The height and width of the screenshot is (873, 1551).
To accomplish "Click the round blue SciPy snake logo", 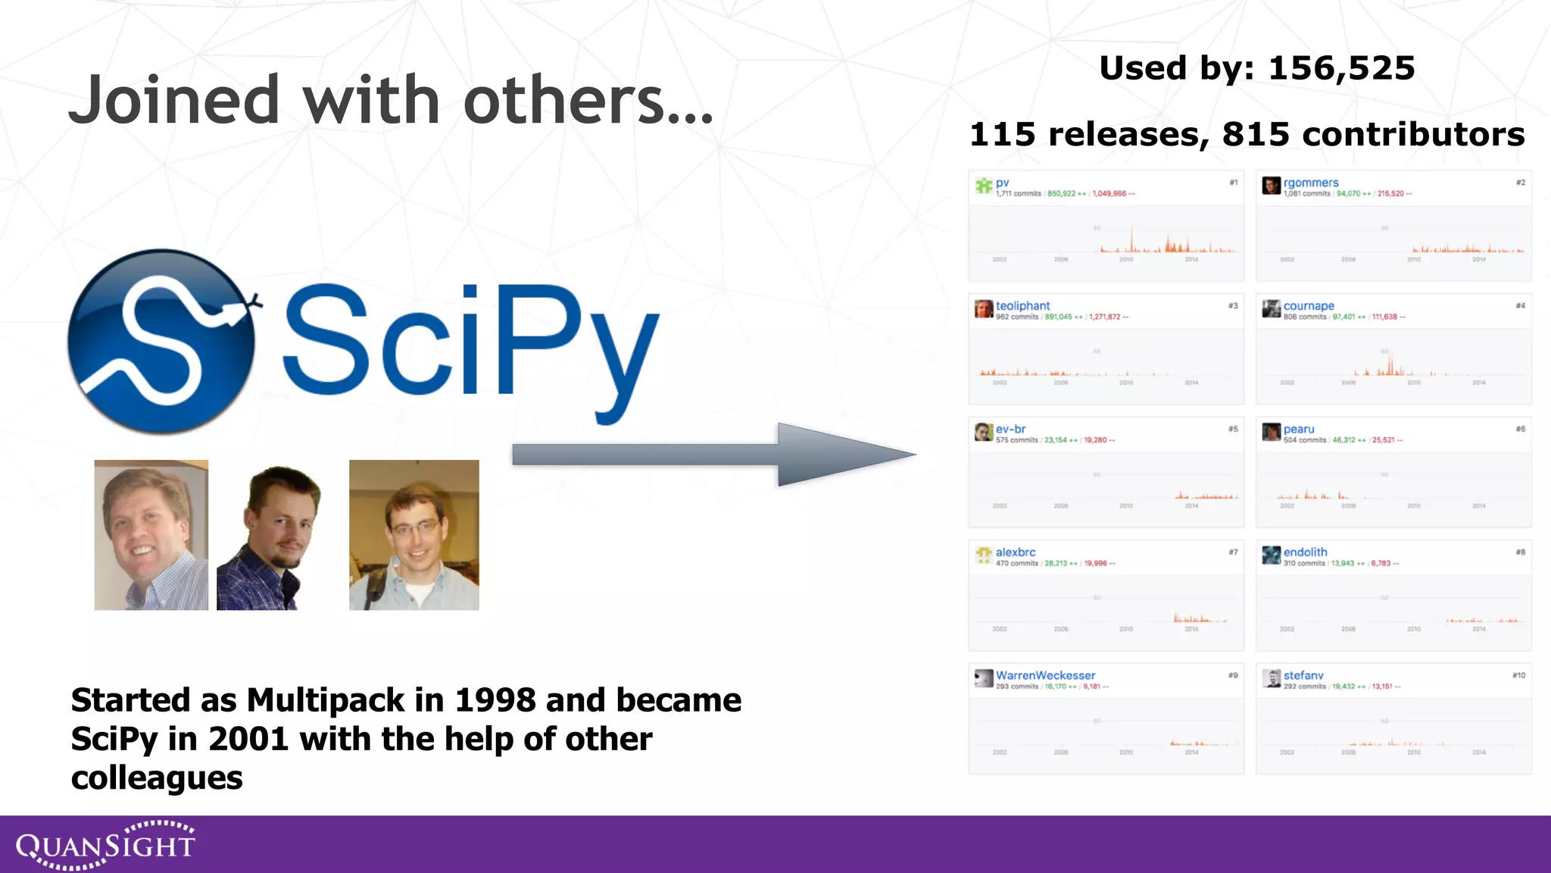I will pos(161,342).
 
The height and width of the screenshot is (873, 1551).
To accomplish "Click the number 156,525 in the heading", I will pos(1341,68).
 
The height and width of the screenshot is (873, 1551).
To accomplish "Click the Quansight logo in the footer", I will pos(105,845).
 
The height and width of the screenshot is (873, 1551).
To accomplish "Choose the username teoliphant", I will pos(1022,305).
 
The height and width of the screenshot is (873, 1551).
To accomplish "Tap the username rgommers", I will pos(1310,183).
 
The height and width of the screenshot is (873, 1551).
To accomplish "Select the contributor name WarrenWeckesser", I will pos(1045,675).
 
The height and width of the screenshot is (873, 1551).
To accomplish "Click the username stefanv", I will pos(1303,675).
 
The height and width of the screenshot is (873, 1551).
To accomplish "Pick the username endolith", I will pos(1305,552).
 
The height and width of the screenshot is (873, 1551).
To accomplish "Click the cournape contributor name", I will pos(1309,305).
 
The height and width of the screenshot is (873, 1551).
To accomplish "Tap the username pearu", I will pos(1299,429).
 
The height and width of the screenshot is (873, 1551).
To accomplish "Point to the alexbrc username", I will pos(1015,552).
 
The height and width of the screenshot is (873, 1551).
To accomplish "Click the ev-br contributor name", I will pos(1010,429).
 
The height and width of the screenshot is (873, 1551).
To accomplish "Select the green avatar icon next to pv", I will pos(983,186).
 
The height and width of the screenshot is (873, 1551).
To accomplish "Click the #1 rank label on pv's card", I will pos(1234,183).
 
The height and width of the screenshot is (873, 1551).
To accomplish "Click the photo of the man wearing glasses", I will pos(413,534).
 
